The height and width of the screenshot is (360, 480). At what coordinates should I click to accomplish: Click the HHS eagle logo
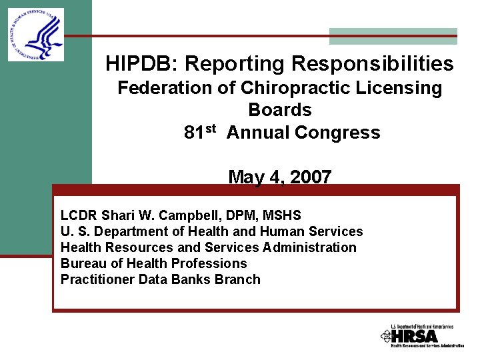tap(36, 35)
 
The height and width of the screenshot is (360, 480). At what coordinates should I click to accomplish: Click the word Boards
tap(280, 110)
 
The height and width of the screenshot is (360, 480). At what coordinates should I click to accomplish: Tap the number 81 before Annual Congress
tap(194, 133)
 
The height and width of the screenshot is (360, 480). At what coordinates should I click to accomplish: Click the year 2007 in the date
tap(310, 177)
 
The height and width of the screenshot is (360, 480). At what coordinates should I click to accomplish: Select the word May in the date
tap(243, 177)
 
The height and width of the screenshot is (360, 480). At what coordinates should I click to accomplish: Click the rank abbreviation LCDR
tap(79, 215)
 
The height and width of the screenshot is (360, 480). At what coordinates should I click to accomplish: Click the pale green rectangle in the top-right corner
tap(393, 36)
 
